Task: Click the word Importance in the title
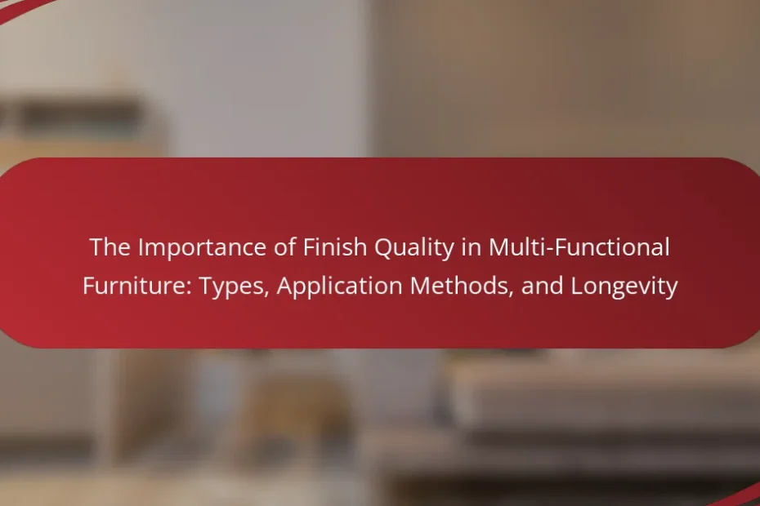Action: [x=202, y=248]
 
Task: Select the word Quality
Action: [x=414, y=248]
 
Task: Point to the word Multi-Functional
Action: [x=579, y=247]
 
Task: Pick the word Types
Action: [x=234, y=286]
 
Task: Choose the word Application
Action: [x=340, y=286]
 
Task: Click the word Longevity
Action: [x=624, y=286]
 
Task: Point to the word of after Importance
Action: [x=285, y=247]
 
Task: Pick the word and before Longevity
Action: [x=542, y=286]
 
